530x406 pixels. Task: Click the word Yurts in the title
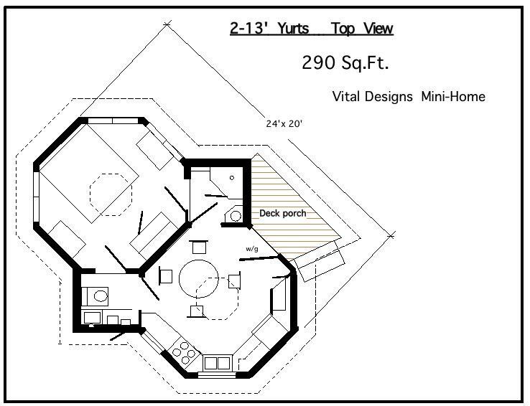click(293, 29)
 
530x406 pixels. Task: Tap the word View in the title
click(378, 29)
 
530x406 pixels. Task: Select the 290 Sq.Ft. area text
click(345, 62)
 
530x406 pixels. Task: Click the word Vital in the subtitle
click(345, 97)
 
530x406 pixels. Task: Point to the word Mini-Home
click(453, 97)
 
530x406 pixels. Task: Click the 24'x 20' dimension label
click(284, 124)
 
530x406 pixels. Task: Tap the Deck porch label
click(282, 213)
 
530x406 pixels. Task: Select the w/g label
click(252, 249)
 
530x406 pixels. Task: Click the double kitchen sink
click(218, 363)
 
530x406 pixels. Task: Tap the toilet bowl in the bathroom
click(99, 296)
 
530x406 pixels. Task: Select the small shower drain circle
click(232, 177)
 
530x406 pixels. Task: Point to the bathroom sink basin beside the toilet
click(92, 318)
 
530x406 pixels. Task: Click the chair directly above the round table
click(199, 247)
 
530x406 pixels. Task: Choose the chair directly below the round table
click(197, 311)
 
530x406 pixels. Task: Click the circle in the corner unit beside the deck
click(236, 216)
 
